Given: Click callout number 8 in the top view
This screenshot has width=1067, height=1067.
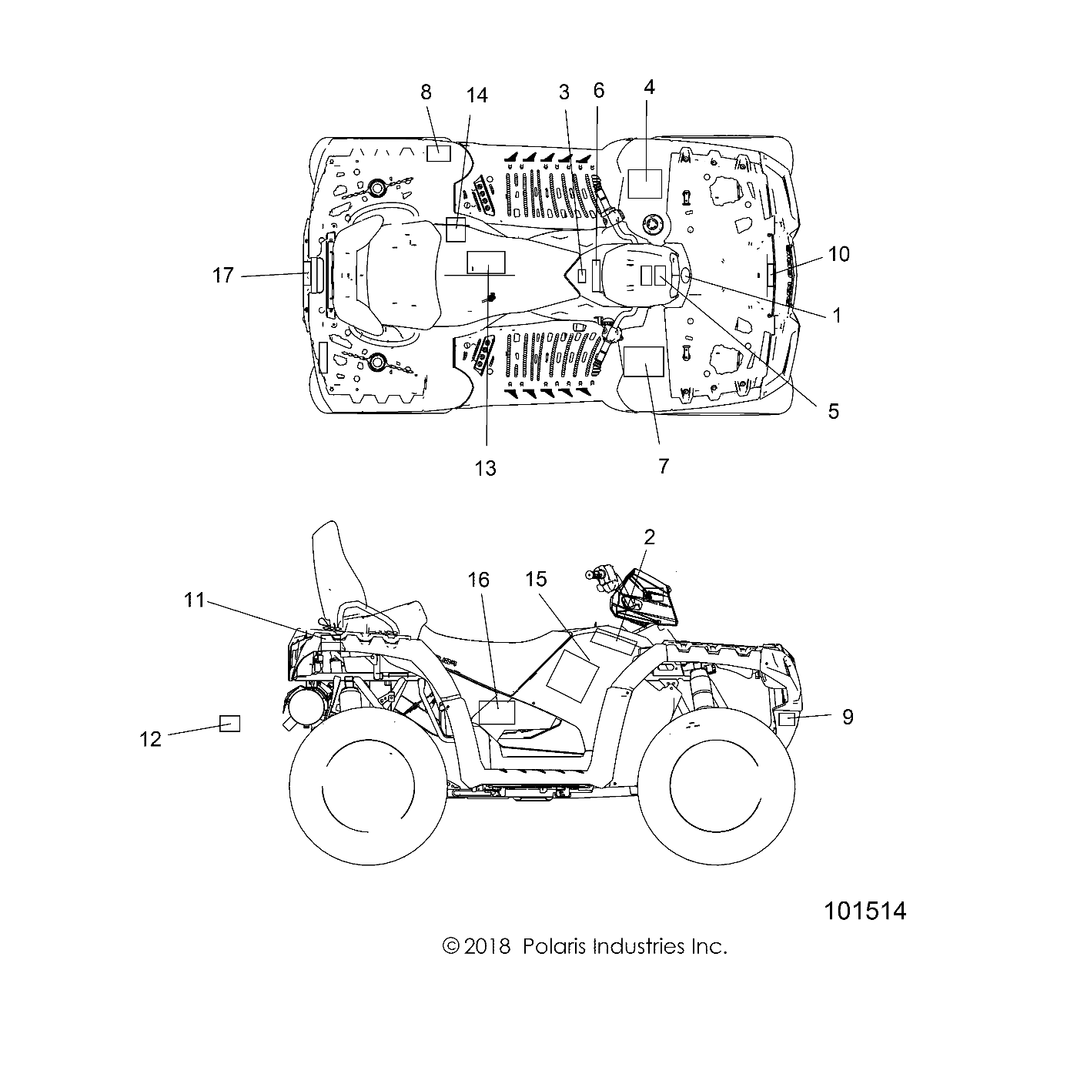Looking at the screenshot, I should tap(426, 92).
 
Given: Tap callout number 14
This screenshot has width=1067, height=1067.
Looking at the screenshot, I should tap(477, 95).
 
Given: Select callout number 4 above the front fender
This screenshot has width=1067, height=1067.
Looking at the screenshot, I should tap(649, 87).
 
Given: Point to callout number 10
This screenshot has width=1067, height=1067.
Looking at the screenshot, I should tap(838, 253).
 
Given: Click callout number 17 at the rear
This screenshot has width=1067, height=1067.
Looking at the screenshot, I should tap(222, 275).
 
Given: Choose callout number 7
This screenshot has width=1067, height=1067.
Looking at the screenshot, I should tap(664, 465).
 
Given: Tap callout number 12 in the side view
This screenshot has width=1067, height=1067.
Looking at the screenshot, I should tap(151, 738).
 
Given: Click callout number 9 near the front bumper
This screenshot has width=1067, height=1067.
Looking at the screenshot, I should tap(848, 717).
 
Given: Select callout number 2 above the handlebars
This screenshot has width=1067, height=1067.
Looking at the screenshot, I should tap(649, 537).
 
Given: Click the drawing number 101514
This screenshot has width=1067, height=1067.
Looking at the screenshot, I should tap(865, 911).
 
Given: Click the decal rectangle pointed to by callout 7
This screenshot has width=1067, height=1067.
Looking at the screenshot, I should tap(643, 360).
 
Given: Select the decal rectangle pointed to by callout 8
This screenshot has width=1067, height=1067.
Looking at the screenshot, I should tap(438, 152).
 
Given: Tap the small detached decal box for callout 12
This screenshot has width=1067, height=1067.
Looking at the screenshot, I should tap(229, 724).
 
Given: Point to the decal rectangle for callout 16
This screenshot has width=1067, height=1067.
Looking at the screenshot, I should tap(497, 712).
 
